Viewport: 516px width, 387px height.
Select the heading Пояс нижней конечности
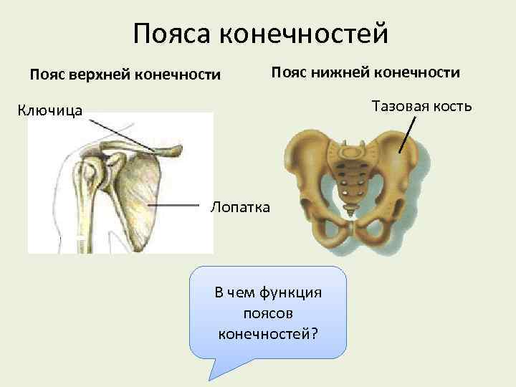tap(365, 72)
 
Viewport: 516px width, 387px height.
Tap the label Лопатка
tap(240, 208)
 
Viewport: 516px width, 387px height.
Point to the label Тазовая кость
tap(421, 107)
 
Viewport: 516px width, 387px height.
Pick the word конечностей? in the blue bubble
tap(267, 334)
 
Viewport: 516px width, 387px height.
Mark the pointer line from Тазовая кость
tap(407, 134)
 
